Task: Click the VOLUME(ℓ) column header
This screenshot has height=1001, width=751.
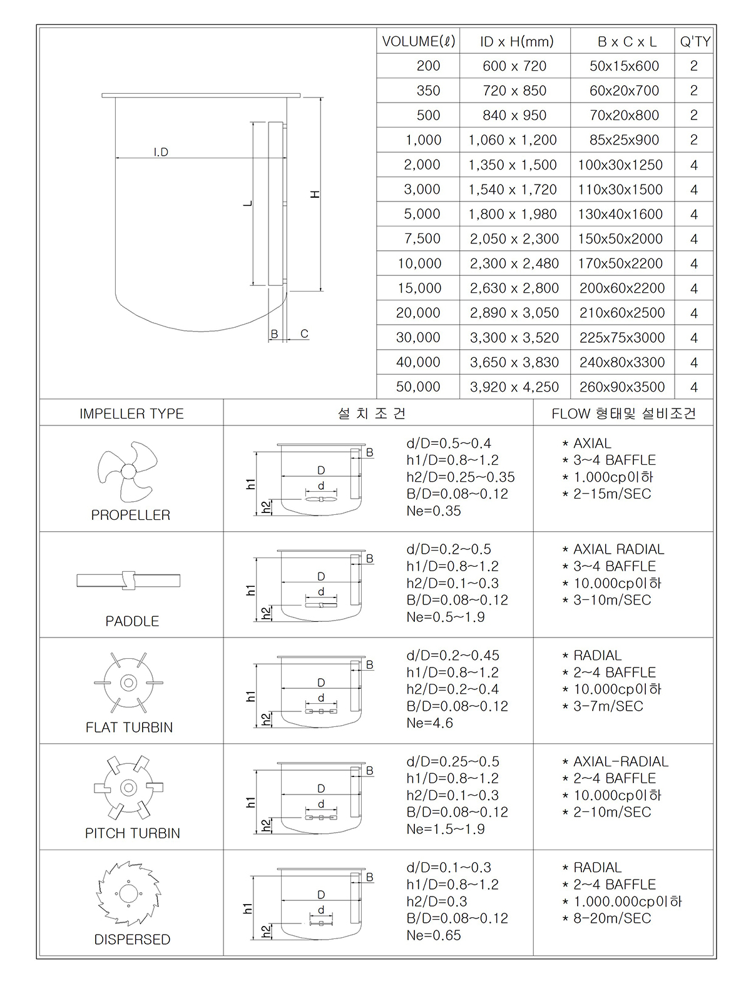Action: point(418,42)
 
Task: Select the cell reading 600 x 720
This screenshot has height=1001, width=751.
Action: point(514,66)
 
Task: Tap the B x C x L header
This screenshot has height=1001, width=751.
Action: point(626,42)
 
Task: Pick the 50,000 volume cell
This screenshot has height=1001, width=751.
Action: point(418,387)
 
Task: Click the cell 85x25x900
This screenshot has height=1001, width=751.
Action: point(624,140)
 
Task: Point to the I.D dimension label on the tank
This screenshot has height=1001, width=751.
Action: point(161,152)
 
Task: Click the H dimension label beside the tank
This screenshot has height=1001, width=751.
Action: point(315,194)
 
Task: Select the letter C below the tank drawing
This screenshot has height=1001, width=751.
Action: point(304,334)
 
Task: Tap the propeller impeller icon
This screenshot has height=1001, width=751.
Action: point(128,471)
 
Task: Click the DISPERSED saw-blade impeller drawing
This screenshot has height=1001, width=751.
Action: point(128,893)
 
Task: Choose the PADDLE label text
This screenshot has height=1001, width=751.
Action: point(132,621)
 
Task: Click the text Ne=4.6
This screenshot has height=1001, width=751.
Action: point(429,723)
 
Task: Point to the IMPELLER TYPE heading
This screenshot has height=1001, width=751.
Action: point(131,414)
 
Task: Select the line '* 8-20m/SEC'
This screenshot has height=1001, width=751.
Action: point(606,918)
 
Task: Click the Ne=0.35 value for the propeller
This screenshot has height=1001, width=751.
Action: point(433,511)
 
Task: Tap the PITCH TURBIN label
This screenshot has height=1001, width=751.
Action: point(132,833)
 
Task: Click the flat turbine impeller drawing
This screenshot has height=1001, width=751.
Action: point(128,683)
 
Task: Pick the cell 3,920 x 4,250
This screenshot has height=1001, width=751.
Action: point(514,387)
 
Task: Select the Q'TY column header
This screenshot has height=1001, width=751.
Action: point(695,42)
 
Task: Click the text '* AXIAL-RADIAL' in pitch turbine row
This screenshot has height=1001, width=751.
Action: point(615,761)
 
